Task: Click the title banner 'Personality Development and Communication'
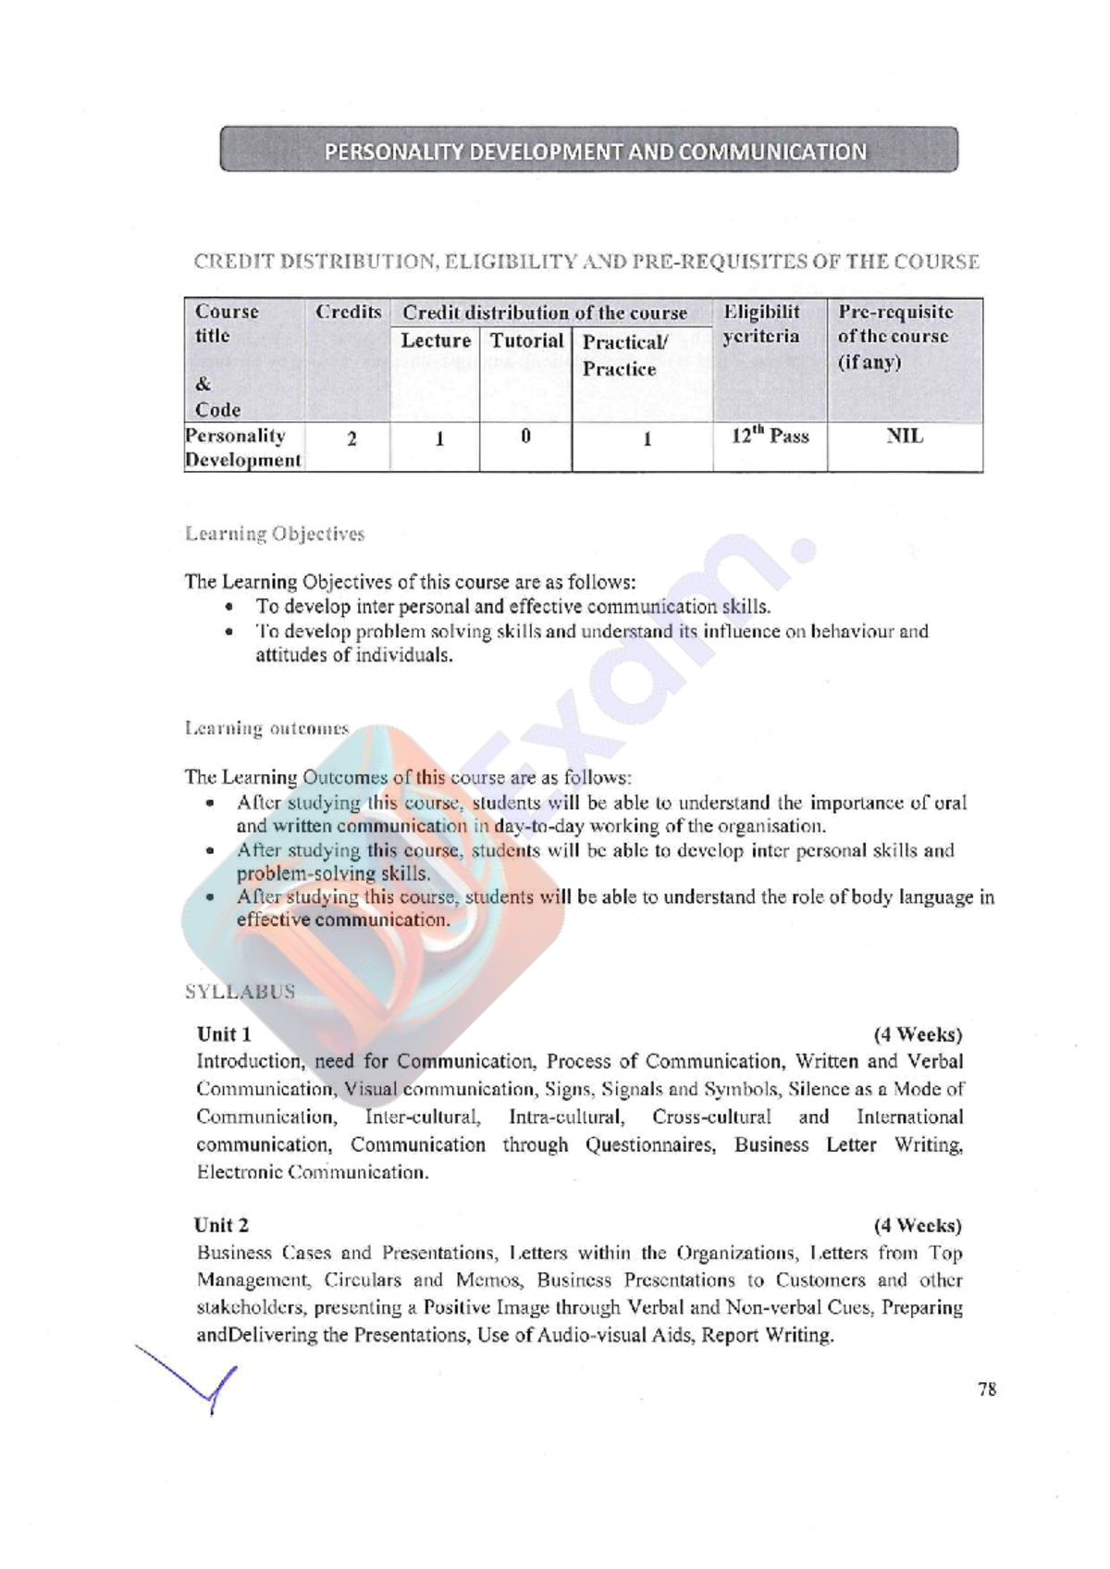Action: pyautogui.click(x=588, y=151)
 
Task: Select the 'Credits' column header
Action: pyautogui.click(x=348, y=313)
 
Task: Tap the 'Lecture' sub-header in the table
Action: pyautogui.click(x=435, y=341)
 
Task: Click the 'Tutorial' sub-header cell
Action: pyautogui.click(x=525, y=341)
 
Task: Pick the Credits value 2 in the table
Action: pyautogui.click(x=351, y=439)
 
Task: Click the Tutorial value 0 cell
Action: pyautogui.click(x=525, y=437)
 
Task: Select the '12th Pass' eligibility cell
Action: pyautogui.click(x=770, y=437)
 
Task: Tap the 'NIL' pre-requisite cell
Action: pyautogui.click(x=905, y=437)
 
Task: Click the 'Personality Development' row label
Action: pyautogui.click(x=242, y=448)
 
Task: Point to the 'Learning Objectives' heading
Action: pyautogui.click(x=275, y=534)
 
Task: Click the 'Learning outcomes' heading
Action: pyautogui.click(x=266, y=729)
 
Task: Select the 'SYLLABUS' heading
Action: pyautogui.click(x=240, y=992)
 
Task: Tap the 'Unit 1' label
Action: pyautogui.click(x=224, y=1034)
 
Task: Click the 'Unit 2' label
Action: pyautogui.click(x=221, y=1226)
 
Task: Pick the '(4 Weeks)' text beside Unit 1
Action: pyautogui.click(x=918, y=1034)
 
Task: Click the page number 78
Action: pyautogui.click(x=987, y=1390)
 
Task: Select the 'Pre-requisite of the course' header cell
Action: pyautogui.click(x=894, y=337)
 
